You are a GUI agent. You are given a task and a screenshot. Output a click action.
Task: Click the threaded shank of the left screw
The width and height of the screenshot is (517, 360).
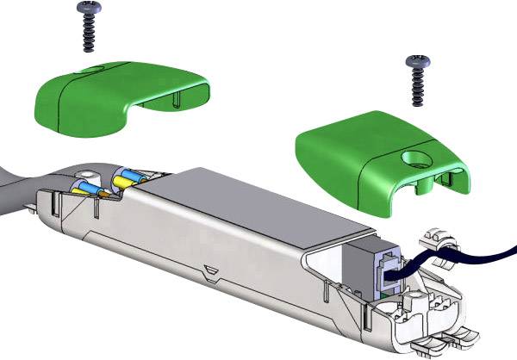[87, 34]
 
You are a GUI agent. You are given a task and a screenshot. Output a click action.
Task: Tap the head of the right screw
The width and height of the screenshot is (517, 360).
[418, 63]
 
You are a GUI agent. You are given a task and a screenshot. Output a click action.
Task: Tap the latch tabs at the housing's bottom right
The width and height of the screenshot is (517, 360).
[444, 340]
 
